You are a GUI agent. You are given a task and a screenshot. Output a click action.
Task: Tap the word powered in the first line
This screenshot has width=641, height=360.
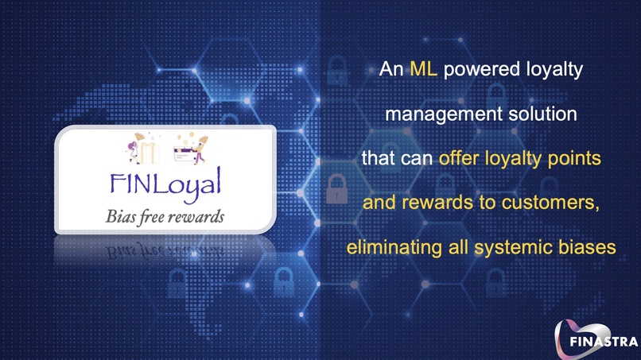coord(476,70)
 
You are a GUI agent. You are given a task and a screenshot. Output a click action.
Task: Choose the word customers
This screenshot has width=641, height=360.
coord(556,203)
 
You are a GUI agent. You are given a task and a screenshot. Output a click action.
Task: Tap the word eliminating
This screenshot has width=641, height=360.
coord(390,248)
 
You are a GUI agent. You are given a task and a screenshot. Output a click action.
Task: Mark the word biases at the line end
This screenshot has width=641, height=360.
coord(591,248)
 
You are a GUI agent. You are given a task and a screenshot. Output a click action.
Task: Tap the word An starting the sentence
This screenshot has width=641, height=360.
coord(391,70)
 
